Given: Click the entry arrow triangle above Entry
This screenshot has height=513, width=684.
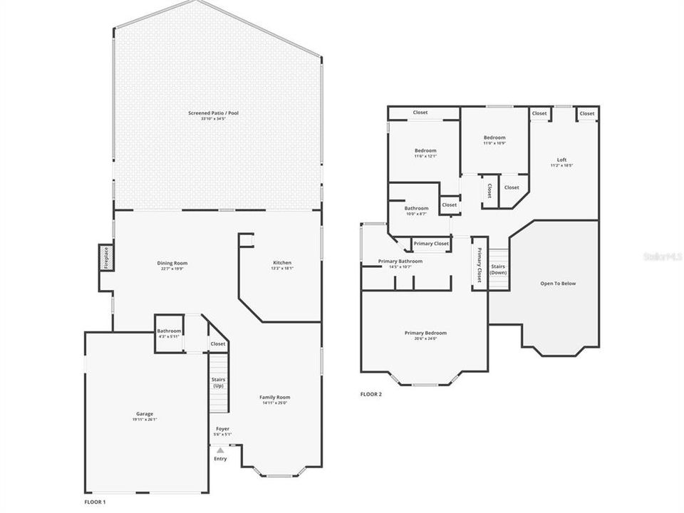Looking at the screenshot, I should coord(220,450).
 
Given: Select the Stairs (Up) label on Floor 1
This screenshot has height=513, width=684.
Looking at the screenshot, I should coord(218,383).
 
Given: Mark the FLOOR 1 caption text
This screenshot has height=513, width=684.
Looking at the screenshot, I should coord(95,502).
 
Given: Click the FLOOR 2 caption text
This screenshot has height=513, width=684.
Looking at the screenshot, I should coord(370,394).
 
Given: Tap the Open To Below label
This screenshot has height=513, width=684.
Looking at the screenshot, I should coord(558,284).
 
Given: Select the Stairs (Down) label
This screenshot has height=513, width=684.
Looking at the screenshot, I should coord(498,269).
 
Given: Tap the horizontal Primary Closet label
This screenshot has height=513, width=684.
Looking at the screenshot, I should coord(431,244).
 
